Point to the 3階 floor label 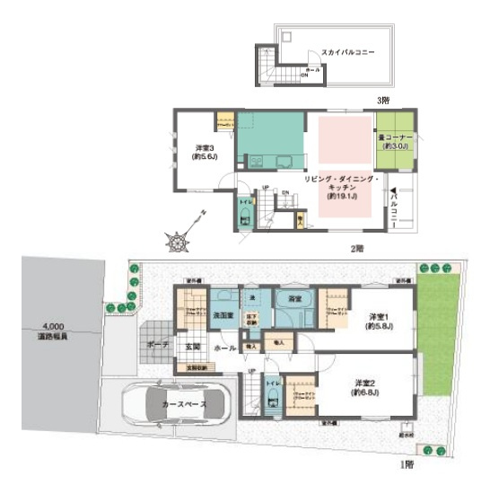[x=381, y=101]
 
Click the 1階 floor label [x=407, y=467]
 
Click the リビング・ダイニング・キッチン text [x=342, y=187]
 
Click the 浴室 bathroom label [x=293, y=297]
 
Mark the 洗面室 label [x=223, y=315]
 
